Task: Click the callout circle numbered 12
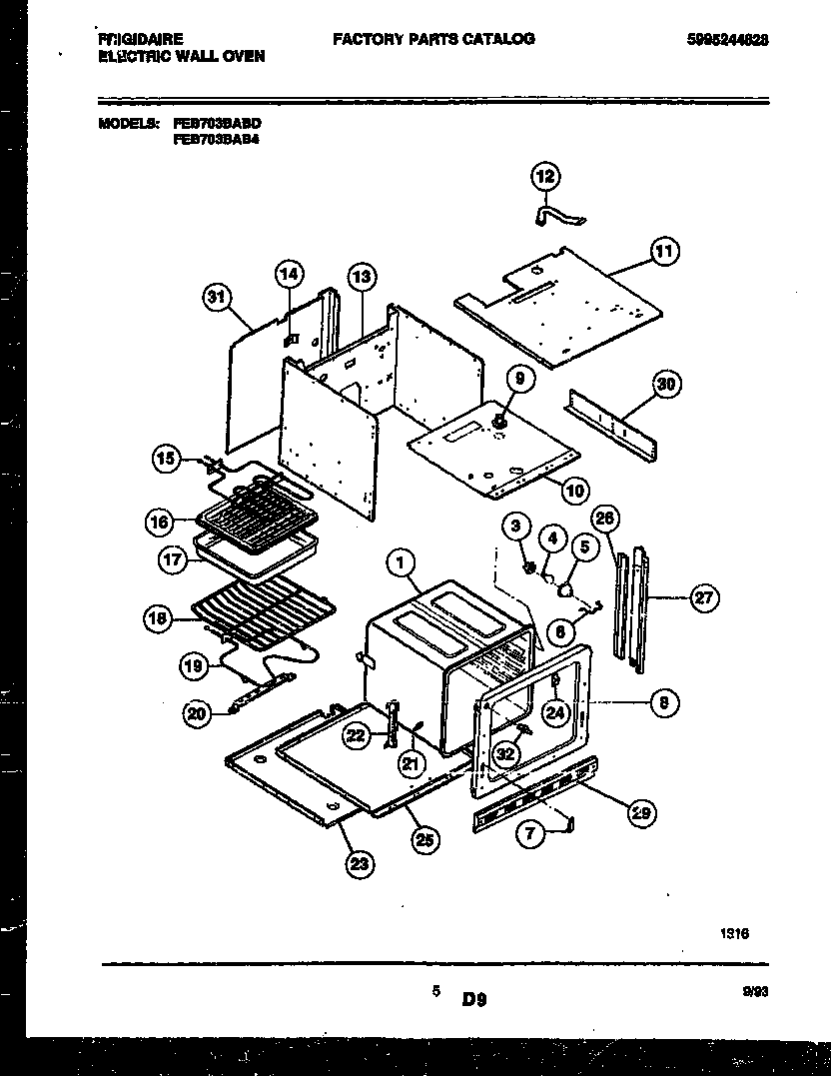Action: [544, 178]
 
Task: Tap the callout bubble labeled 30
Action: [667, 384]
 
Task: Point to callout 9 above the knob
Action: [519, 379]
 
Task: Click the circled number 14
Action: [288, 274]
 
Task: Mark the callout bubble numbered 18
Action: [157, 619]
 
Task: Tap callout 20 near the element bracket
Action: [199, 712]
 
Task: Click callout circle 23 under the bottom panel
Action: [358, 864]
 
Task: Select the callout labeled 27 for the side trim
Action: [705, 598]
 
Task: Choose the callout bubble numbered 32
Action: [507, 752]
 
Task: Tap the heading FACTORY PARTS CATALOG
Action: [432, 39]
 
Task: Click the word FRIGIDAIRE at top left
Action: [141, 40]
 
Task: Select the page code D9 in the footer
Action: [473, 997]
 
